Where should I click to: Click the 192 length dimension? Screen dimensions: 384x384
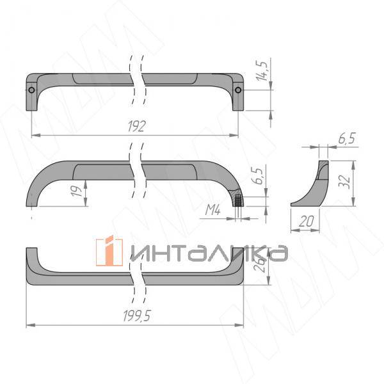tap(136, 125)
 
